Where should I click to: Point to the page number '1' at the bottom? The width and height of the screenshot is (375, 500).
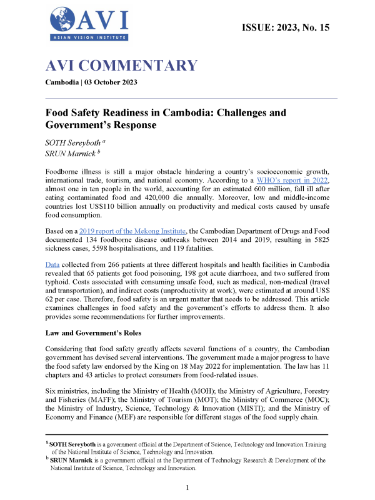pos(187,487)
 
